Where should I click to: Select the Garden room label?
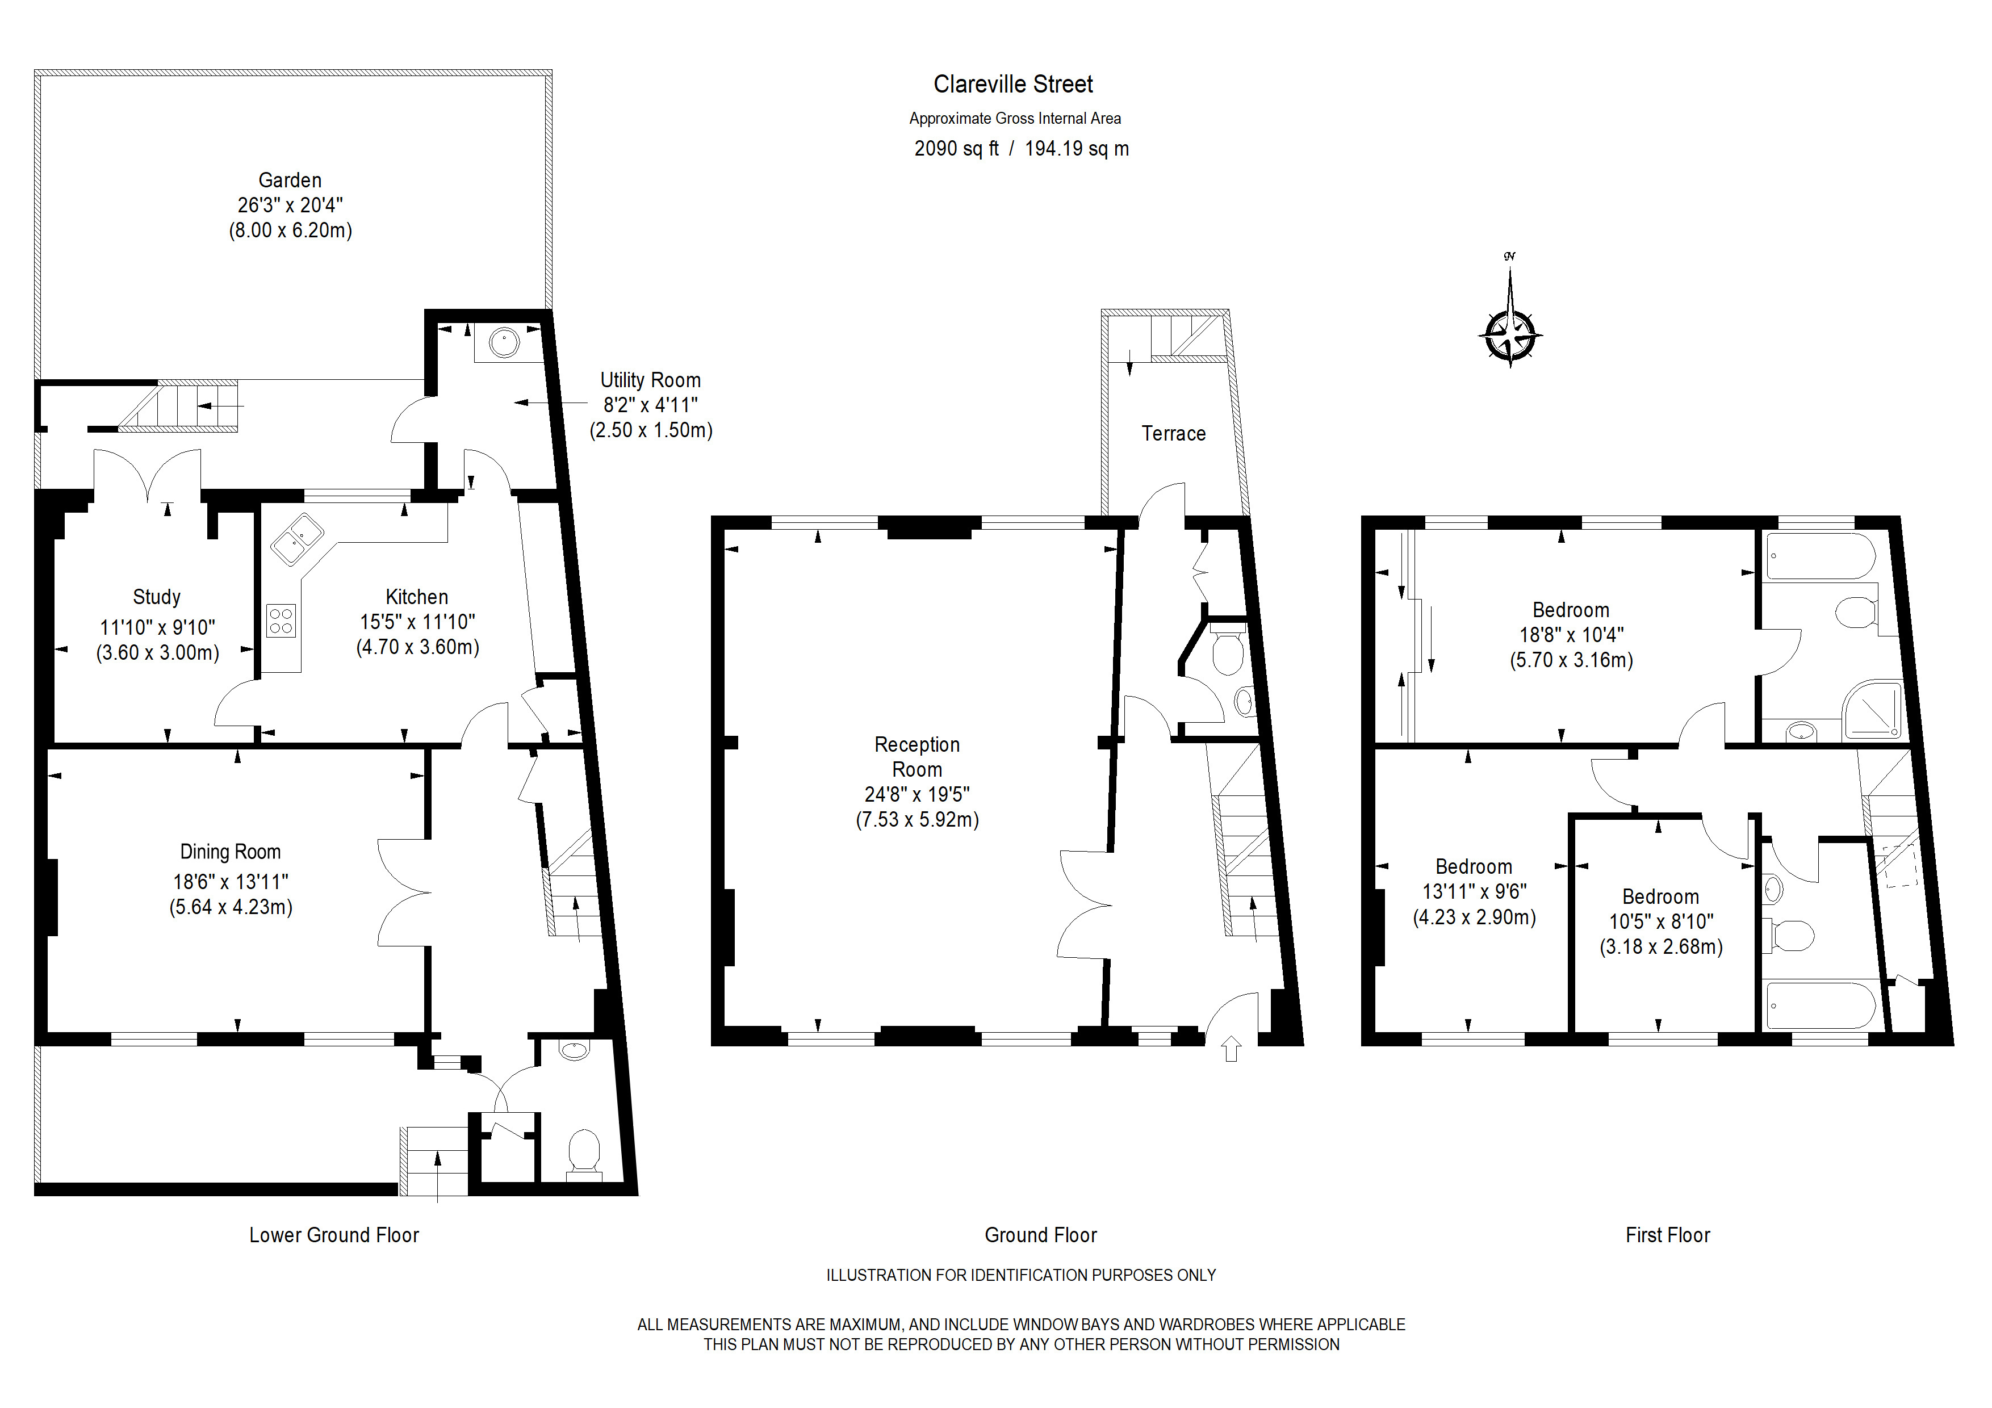click(290, 181)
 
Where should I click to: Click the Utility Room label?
click(651, 380)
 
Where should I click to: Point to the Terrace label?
click(1173, 434)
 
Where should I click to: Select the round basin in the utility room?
click(504, 342)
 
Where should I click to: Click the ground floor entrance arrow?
click(1231, 1050)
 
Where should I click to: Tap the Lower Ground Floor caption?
click(334, 1235)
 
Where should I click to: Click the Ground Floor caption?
click(1040, 1235)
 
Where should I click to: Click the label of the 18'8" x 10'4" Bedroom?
click(1570, 610)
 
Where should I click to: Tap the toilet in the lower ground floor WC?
click(584, 1153)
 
